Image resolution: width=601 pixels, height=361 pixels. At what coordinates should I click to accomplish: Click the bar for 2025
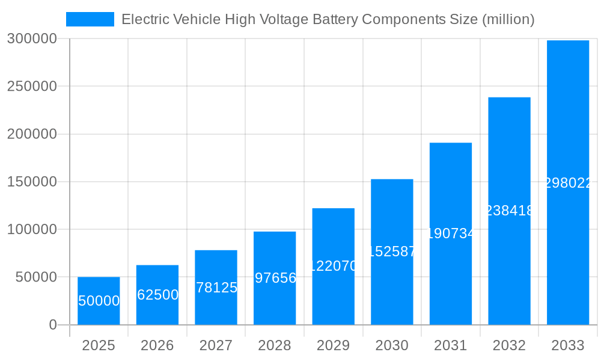[99, 301]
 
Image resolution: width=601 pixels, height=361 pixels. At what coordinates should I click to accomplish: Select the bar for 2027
[216, 288]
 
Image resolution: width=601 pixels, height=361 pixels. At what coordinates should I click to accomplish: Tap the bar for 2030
[392, 252]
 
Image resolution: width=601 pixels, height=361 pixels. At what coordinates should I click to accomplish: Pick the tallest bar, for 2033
[568, 182]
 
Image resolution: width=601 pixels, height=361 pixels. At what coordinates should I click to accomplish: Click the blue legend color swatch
[90, 19]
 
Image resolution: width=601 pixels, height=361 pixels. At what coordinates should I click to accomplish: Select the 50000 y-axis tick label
[35, 277]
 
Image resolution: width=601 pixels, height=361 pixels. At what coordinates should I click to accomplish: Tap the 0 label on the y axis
[53, 325]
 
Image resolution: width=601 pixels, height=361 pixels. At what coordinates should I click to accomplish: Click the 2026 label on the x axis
[157, 345]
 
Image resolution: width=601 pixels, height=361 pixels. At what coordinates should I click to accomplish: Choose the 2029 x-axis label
[333, 345]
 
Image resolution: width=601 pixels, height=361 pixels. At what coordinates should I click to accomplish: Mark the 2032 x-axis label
[509, 345]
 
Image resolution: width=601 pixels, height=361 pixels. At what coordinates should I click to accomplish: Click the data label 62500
[157, 295]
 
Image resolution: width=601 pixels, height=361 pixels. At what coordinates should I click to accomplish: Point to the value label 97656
[275, 278]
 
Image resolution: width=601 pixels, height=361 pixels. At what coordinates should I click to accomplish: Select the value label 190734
[451, 233]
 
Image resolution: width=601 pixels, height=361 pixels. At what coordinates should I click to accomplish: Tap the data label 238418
[509, 211]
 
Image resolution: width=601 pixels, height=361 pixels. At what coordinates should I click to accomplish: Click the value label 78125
[216, 288]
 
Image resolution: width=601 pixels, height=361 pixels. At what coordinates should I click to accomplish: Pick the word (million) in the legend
[508, 19]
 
